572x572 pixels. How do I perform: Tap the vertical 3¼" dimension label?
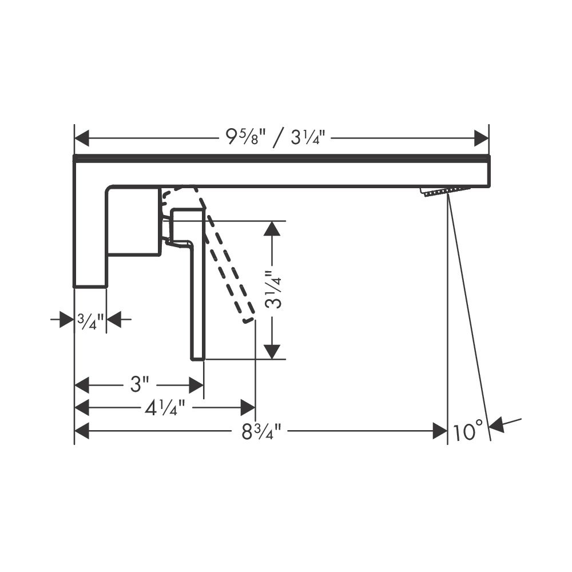(273, 290)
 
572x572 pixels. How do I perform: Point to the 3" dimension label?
(140, 384)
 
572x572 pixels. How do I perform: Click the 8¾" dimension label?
(261, 431)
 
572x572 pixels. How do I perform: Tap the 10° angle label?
(468, 431)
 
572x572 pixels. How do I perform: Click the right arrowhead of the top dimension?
(481, 138)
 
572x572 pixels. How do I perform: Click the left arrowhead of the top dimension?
(82, 138)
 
